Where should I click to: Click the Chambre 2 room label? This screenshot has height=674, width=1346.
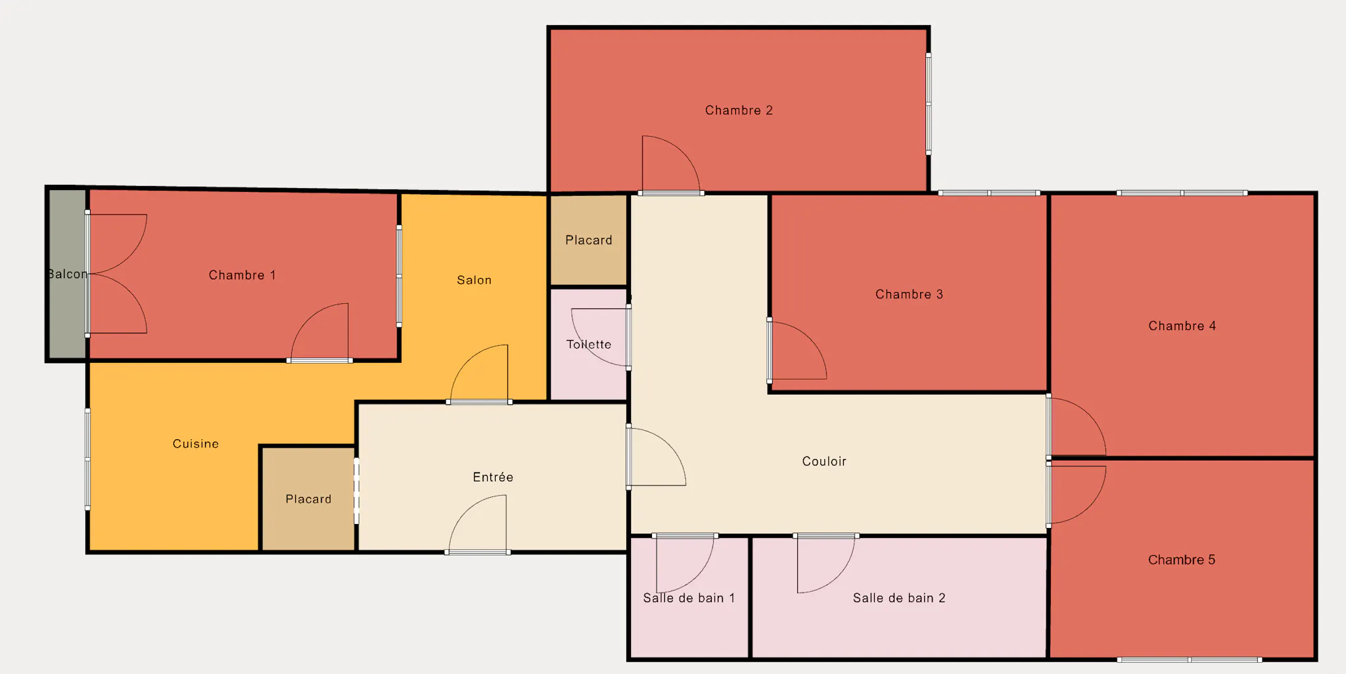coord(739,110)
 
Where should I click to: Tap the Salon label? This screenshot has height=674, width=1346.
coord(474,280)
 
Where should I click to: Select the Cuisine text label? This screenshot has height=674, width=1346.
coord(196,444)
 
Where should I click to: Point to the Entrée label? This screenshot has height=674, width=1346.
coord(493,477)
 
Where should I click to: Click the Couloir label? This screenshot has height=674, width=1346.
coord(824,462)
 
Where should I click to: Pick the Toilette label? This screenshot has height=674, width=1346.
coord(589,345)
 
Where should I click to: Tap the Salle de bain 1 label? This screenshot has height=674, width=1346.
coord(689,598)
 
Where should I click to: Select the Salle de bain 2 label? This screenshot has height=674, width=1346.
coord(899,598)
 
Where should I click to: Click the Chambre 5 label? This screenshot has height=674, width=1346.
coord(1182,560)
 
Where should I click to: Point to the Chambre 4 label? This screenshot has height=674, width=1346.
coord(1182,326)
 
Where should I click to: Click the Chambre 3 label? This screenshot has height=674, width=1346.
coord(909,295)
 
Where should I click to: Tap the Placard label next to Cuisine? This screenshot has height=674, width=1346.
coord(308,499)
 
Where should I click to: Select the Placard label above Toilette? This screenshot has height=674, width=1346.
coord(589,240)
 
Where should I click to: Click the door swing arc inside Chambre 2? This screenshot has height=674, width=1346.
coord(684,152)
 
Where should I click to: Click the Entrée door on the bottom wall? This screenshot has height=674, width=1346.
coord(478,552)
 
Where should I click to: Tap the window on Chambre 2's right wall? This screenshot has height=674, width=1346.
coord(929,104)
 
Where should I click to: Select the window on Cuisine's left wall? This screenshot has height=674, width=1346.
coord(87,459)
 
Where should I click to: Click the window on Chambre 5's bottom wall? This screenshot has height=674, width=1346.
coord(1189,659)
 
